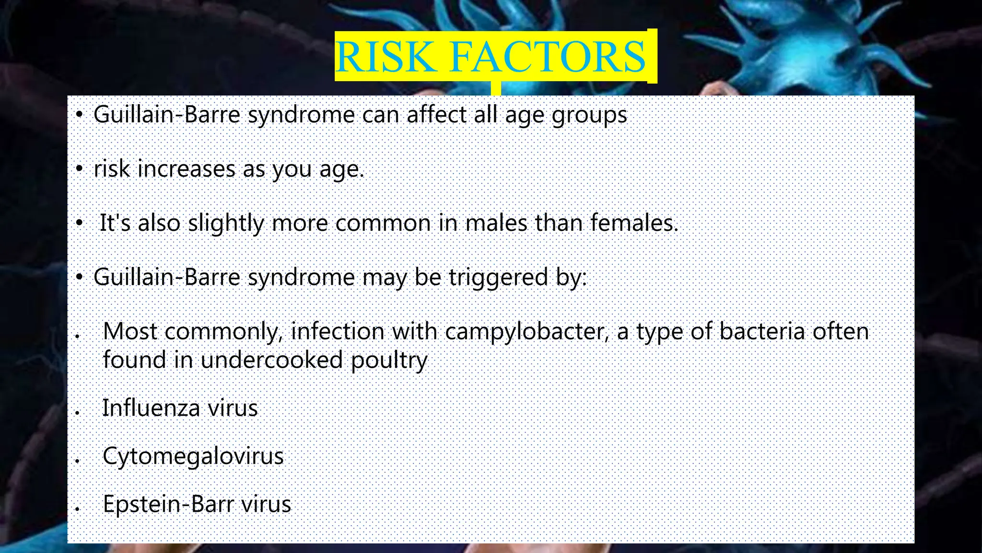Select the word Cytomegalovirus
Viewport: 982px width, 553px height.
point(193,457)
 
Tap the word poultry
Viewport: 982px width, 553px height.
point(388,361)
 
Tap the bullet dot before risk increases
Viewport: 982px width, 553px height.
point(80,169)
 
